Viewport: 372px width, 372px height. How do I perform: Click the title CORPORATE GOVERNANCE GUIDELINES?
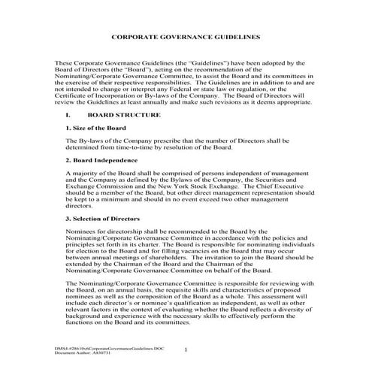(x=186, y=36)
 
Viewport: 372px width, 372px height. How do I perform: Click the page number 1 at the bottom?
(x=186, y=349)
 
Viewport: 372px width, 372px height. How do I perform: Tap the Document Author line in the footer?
(x=84, y=354)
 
